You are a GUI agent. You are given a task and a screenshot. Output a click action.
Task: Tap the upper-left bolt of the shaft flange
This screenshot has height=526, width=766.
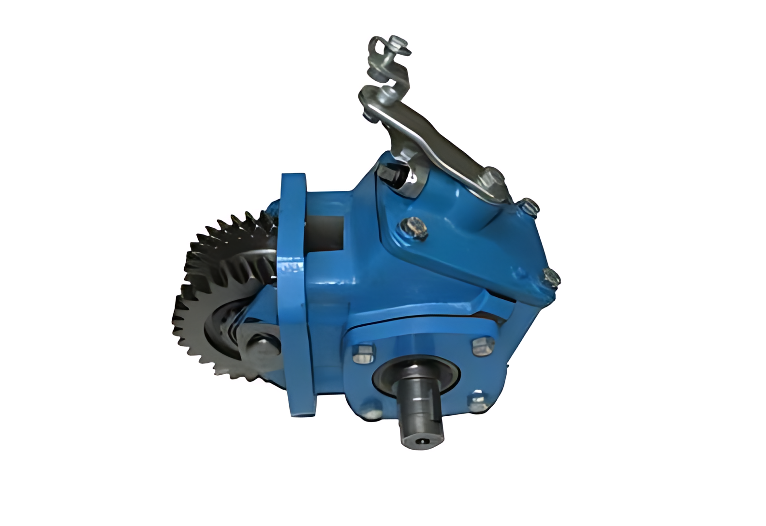[x=364, y=353]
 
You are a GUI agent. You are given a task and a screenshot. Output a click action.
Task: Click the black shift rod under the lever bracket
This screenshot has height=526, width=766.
[x=393, y=175]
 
